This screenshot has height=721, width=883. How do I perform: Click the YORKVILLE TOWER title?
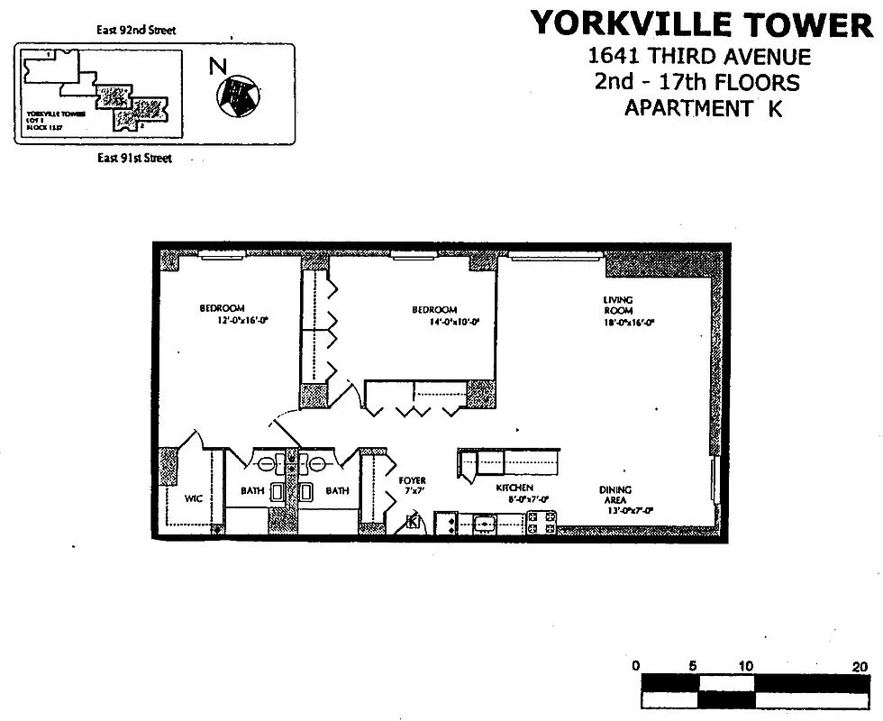(701, 23)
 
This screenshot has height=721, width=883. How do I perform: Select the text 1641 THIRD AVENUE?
(698, 57)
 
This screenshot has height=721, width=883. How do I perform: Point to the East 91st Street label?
(134, 159)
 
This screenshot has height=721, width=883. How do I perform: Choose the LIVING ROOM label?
(618, 305)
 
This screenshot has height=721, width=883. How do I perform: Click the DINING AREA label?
(615, 495)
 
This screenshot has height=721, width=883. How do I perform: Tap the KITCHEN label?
(514, 488)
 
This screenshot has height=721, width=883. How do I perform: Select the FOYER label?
(412, 480)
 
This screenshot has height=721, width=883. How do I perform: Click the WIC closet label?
(193, 497)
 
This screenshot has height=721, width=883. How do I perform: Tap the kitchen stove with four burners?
(540, 523)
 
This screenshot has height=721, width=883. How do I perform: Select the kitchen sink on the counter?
(485, 523)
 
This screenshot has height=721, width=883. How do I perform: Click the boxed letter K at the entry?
(414, 522)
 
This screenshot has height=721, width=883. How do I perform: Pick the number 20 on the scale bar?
(859, 665)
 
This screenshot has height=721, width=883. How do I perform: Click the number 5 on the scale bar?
(692, 665)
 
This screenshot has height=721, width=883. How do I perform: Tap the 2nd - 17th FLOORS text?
(696, 83)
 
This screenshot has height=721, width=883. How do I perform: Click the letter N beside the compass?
(217, 66)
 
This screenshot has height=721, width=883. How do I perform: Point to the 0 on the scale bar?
(636, 665)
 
